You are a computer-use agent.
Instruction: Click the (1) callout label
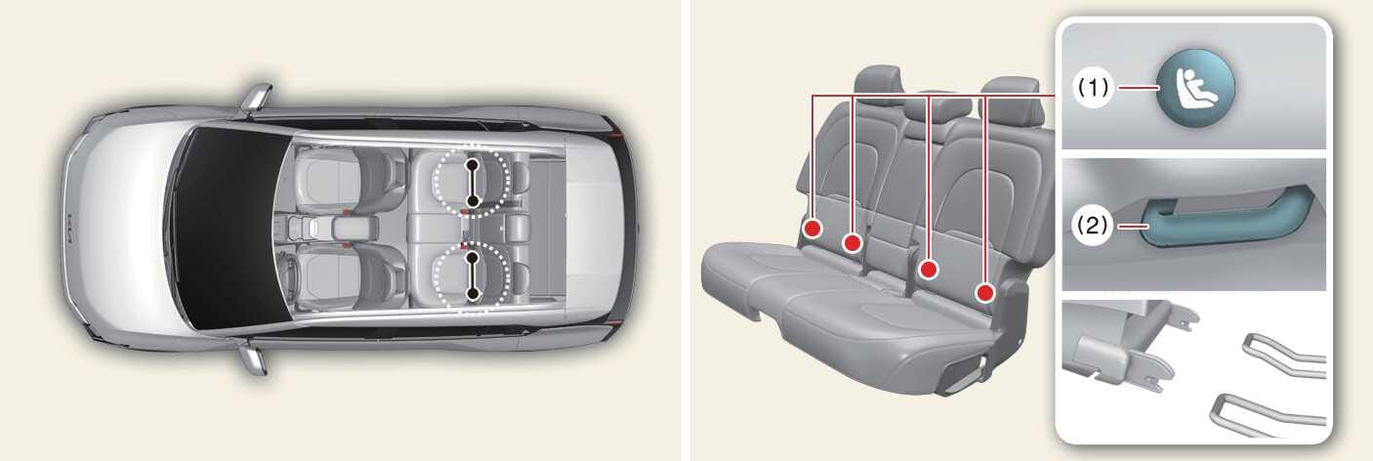pos(1094,88)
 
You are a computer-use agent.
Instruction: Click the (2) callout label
pos(1094,227)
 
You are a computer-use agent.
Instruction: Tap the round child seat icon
pos(1195,88)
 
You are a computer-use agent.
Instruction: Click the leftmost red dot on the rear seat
pos(812,229)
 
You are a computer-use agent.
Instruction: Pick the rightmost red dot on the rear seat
pos(985,293)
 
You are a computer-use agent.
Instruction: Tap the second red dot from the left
pos(853,243)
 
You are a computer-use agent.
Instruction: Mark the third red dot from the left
pos(930,270)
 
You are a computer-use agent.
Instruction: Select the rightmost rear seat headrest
pos(1012,98)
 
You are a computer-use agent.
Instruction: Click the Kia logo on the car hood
pos(73,228)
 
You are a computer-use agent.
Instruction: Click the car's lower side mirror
pos(254,359)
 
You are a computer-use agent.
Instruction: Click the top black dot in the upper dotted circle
pos(472,164)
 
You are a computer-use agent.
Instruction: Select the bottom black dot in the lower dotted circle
pos(472,295)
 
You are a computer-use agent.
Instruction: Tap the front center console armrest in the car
pos(354,228)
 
